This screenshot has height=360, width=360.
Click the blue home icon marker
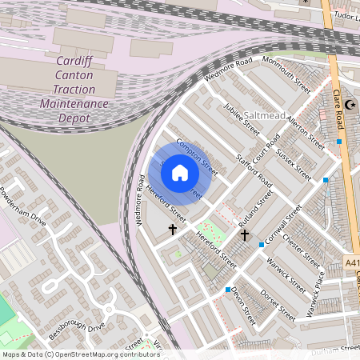pyautogui.click(x=180, y=173)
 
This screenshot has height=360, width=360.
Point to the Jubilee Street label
pyautogui.click(x=242, y=118)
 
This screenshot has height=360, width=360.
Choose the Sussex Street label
pyautogui.click(x=294, y=162)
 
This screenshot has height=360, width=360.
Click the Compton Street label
pyautogui.click(x=197, y=158)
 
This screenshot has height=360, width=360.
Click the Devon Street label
pyautogui.click(x=247, y=306)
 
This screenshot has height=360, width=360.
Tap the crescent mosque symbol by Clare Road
pyautogui.click(x=350, y=105)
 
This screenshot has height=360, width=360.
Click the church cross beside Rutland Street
pyautogui.click(x=245, y=236)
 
